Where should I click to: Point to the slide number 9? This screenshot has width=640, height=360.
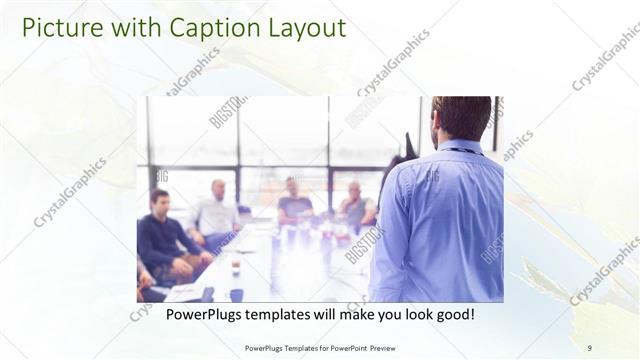[589, 348]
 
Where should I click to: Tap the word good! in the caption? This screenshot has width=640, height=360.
[453, 315]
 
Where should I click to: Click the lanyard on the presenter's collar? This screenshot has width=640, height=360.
[462, 151]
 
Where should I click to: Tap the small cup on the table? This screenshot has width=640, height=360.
[236, 268]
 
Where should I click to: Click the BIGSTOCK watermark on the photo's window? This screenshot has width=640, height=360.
[229, 112]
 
